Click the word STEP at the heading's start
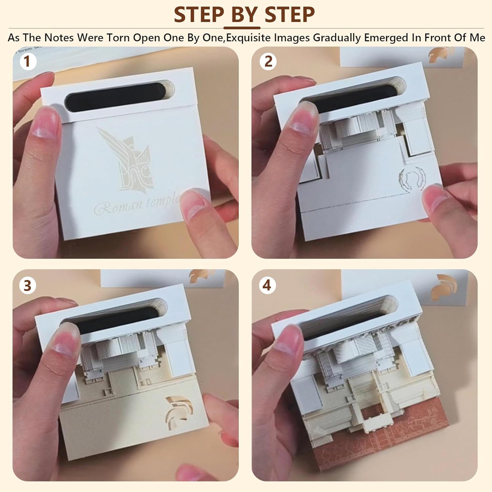click(199, 14)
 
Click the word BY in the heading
click(244, 14)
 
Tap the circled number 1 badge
click(27, 61)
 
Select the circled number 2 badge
click(268, 61)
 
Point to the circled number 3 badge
click(28, 285)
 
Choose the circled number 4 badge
click(267, 285)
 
